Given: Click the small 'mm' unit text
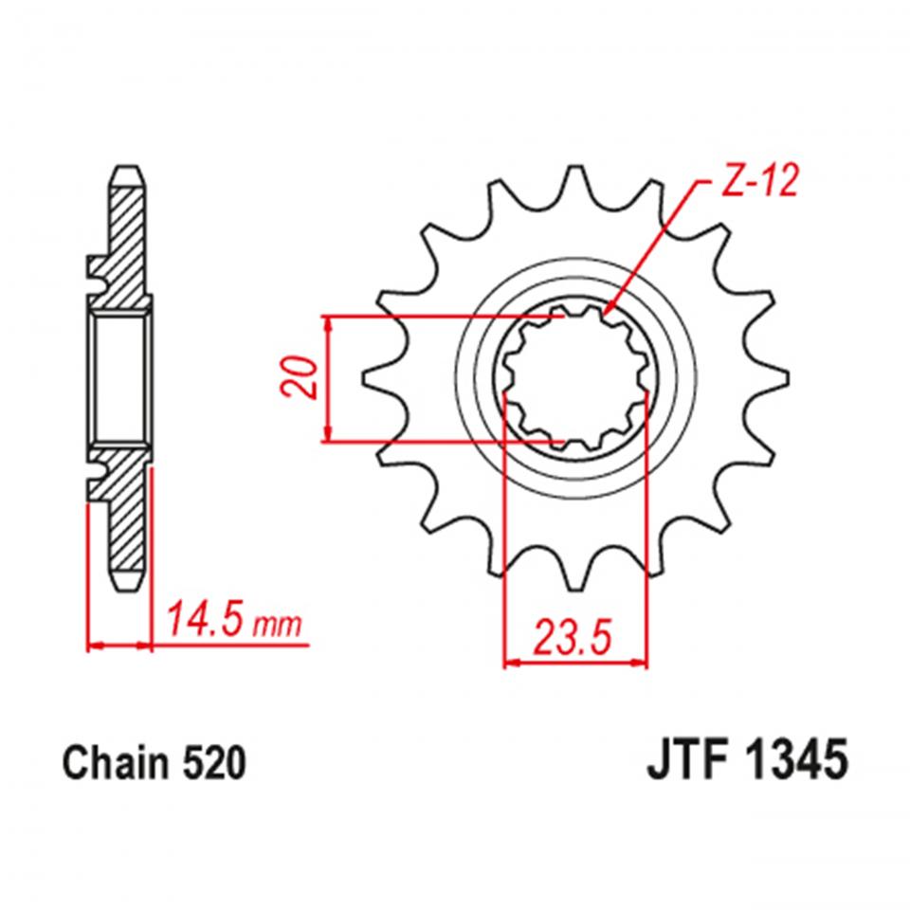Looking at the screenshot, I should click(x=279, y=626).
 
